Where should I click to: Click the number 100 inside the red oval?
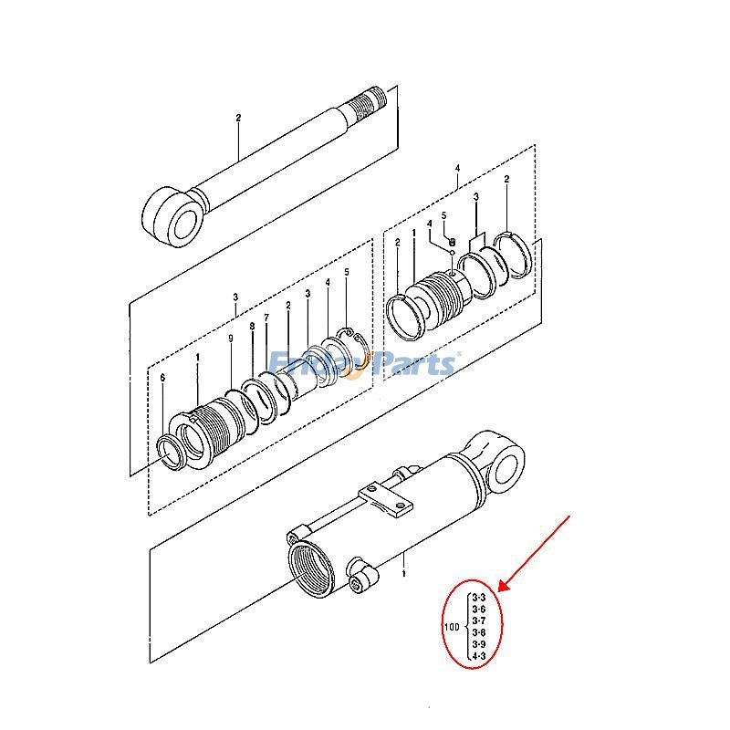(x=451, y=627)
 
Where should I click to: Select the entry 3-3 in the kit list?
(x=479, y=599)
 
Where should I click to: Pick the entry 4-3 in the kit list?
(x=479, y=655)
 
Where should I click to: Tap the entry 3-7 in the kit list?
(x=479, y=621)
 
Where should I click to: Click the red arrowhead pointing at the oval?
(x=501, y=587)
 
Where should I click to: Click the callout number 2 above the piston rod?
(x=238, y=118)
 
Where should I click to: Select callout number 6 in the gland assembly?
(x=162, y=378)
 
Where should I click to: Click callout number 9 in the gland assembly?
(x=230, y=339)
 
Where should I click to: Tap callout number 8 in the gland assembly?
(x=251, y=326)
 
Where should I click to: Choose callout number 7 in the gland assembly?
(x=266, y=318)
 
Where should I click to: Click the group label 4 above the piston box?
(x=457, y=167)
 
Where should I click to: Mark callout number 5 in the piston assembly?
(x=444, y=216)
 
